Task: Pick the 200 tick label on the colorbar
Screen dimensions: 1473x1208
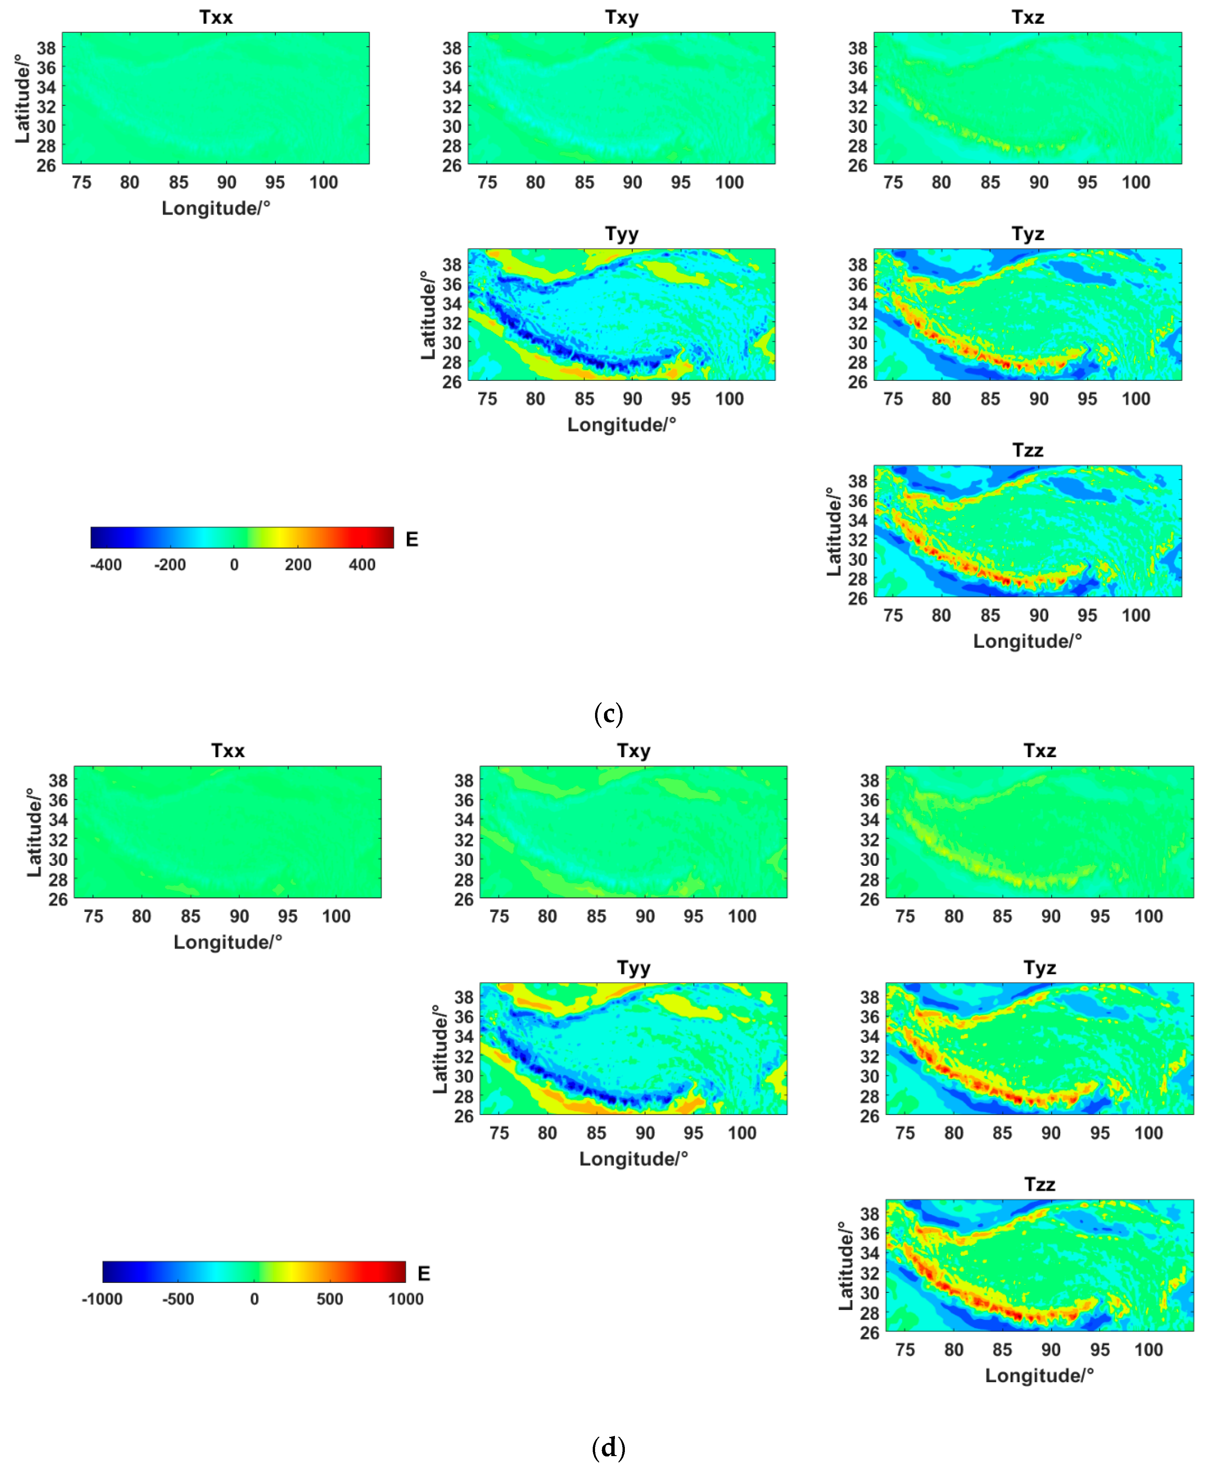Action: (x=298, y=564)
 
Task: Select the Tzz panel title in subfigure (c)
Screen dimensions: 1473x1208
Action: (x=1028, y=450)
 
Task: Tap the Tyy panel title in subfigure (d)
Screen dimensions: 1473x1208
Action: (x=633, y=968)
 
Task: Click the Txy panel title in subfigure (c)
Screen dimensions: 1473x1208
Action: (x=622, y=18)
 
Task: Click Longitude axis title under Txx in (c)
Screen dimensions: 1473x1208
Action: (x=216, y=208)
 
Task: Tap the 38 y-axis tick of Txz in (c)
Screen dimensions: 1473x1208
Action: (x=858, y=48)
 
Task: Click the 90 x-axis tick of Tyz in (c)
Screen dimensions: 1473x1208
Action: (x=1039, y=399)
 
